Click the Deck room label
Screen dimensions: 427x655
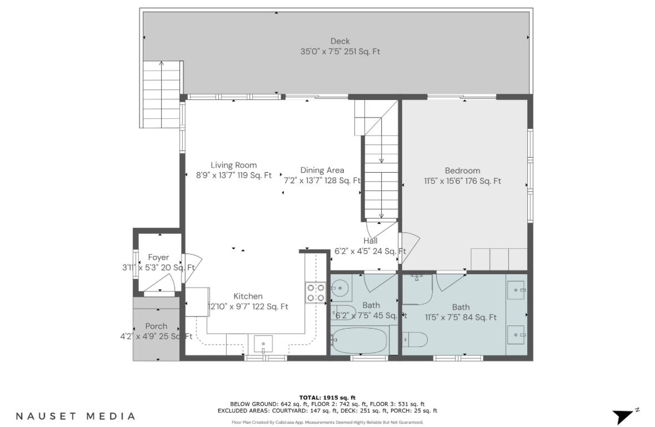[340, 41]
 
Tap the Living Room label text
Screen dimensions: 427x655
[233, 165]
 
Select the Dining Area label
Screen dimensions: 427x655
[322, 170]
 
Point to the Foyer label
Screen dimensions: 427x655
[158, 258]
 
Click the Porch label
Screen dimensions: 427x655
[156, 326]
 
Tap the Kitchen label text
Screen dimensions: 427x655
[248, 297]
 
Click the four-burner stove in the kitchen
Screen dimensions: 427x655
[315, 293]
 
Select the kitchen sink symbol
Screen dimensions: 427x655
[263, 344]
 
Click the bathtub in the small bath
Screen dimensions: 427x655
[359, 340]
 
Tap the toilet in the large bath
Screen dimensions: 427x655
[414, 339]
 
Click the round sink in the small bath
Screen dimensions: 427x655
[340, 288]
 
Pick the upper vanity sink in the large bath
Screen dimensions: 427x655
[517, 290]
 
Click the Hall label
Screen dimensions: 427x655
[371, 241]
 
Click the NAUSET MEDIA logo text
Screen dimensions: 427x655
[75, 416]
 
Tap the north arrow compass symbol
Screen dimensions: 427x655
[624, 415]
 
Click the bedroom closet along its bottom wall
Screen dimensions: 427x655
[498, 259]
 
